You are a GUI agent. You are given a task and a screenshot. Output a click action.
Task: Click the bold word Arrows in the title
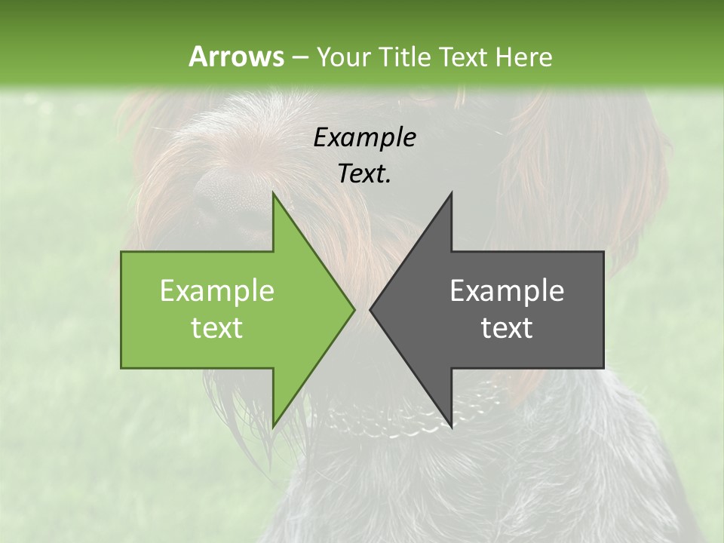[236, 57]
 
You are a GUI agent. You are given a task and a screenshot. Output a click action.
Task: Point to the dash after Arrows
[299, 57]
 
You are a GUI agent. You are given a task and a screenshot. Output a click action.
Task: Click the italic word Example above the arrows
[364, 137]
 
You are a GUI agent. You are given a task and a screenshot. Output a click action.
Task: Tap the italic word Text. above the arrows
[364, 173]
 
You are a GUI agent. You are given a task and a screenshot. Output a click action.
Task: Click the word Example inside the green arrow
[216, 290]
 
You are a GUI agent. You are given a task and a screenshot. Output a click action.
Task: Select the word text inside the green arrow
[216, 327]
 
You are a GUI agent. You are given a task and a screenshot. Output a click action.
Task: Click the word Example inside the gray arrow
[507, 290]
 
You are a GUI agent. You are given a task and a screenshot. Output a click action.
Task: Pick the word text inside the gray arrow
[507, 327]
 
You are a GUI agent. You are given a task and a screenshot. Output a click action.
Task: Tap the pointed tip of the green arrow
[354, 309]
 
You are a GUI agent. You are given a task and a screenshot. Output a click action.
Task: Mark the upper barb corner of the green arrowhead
[273, 193]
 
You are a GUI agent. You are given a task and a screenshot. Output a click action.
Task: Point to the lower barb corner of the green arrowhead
[273, 427]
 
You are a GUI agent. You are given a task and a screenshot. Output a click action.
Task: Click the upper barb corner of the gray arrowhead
[451, 193]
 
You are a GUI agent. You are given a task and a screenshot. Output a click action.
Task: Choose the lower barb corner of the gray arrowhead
[451, 427]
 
